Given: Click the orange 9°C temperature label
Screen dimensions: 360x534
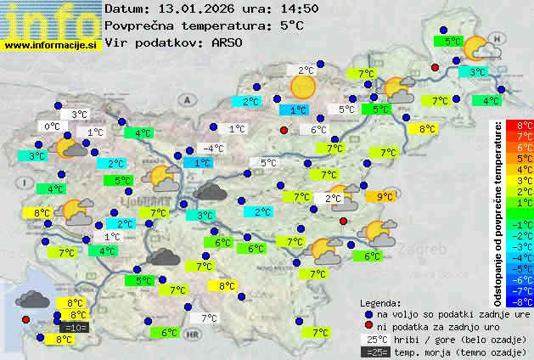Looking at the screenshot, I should (x=385, y=197).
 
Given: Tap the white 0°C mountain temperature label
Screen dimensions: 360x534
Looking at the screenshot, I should (x=52, y=127).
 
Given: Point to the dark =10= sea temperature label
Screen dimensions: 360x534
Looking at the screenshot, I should (x=74, y=327).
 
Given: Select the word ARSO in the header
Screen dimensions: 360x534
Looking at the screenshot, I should (x=229, y=42).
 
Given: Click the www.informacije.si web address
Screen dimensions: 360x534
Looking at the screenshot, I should (x=52, y=45).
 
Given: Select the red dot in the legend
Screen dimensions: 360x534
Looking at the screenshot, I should (x=368, y=326).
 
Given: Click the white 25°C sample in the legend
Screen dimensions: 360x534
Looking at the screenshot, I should (x=374, y=339).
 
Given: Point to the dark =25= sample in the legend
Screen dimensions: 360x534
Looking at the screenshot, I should (x=374, y=352).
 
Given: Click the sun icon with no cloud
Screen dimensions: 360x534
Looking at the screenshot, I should (x=303, y=86).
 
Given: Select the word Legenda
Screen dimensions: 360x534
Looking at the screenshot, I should (x=380, y=302).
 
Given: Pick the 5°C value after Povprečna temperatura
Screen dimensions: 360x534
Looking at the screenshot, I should (x=291, y=25).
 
